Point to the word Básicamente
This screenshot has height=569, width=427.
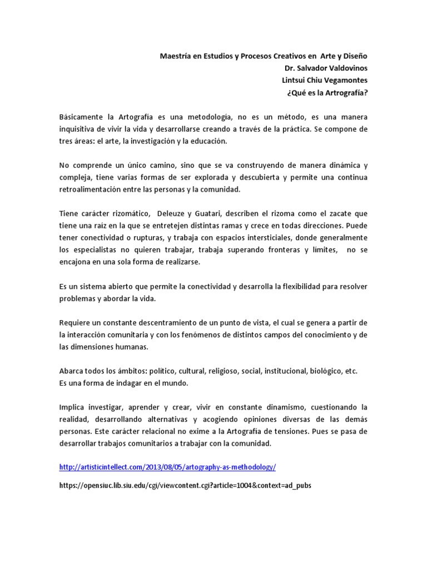click(x=82, y=117)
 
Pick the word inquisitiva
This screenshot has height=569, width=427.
click(x=78, y=129)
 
